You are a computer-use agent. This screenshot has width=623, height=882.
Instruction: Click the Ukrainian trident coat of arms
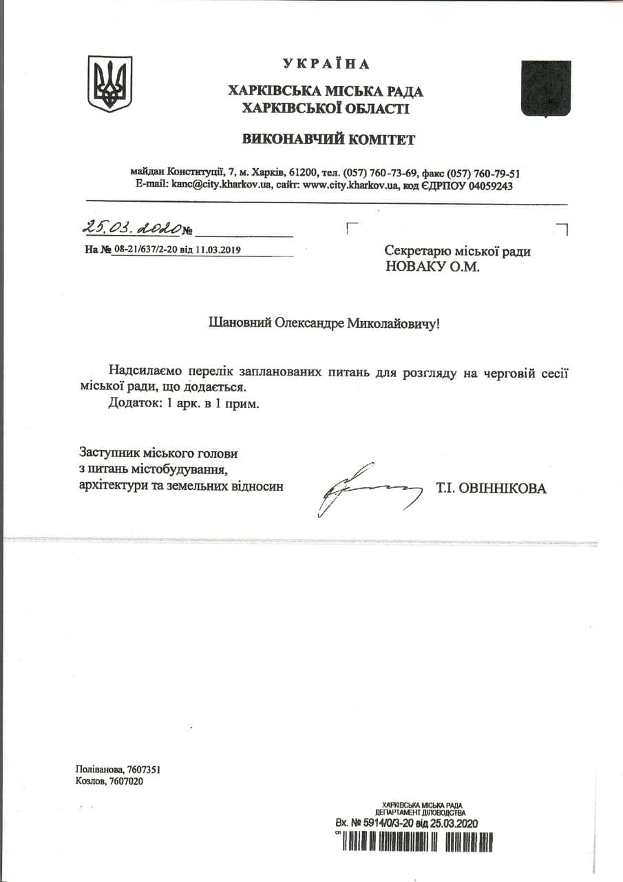tap(109, 84)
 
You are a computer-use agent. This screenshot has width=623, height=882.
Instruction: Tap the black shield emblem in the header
tap(546, 89)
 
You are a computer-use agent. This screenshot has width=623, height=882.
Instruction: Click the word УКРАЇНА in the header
tap(326, 64)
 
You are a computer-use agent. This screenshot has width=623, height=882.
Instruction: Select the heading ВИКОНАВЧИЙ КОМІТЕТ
tap(328, 140)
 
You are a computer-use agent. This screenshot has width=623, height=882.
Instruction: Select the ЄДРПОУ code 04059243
tap(488, 186)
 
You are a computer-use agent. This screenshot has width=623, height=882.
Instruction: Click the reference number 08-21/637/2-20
tap(145, 249)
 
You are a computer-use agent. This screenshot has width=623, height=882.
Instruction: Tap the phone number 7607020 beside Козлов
tap(126, 781)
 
